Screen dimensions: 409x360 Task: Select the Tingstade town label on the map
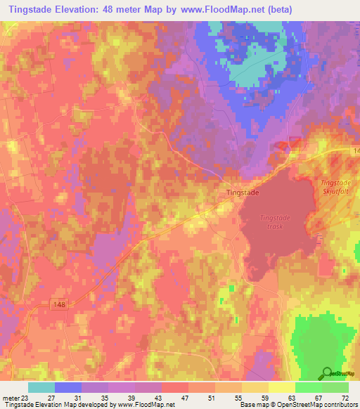pos(244,191)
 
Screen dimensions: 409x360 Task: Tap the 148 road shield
pos(60,304)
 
